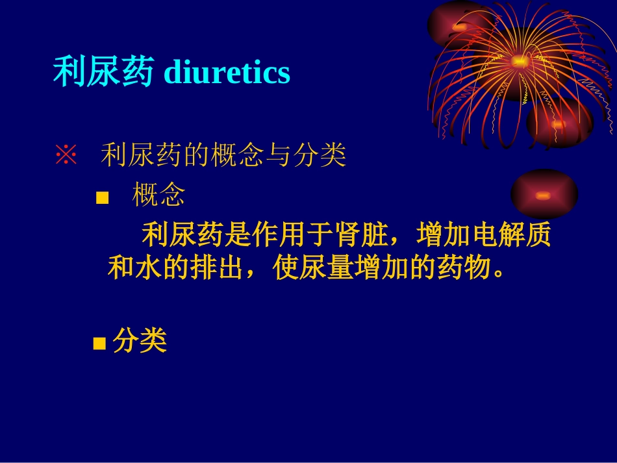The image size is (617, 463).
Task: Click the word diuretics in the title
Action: coord(227,72)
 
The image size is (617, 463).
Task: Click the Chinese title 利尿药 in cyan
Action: coord(103,72)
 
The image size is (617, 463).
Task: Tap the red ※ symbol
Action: coord(66,156)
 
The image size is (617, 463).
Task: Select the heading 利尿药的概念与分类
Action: coord(223,156)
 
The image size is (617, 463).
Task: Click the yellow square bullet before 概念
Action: coord(102,197)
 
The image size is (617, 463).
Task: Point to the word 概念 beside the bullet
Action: coord(158,195)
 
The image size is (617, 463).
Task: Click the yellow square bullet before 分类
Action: coord(99,344)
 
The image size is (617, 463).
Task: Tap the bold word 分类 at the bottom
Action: coord(140,341)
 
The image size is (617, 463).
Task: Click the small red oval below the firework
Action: coord(544,194)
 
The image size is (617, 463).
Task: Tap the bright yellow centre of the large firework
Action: coord(520,62)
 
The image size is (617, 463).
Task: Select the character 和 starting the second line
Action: coord(121,268)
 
